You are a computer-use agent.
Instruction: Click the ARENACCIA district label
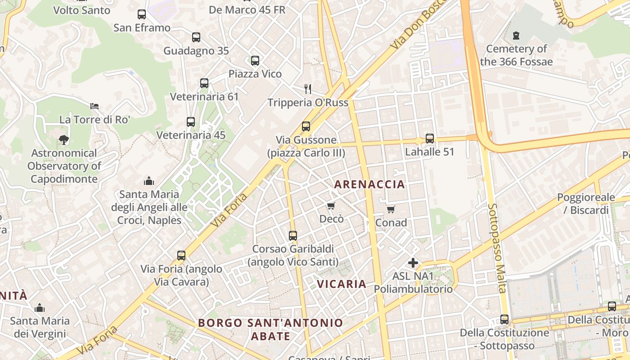(369, 184)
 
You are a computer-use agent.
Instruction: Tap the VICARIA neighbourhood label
(342, 284)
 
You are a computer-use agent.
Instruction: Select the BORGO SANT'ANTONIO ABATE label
(270, 329)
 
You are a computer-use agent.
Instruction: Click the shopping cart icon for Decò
(331, 206)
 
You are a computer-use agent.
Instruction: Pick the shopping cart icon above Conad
(391, 209)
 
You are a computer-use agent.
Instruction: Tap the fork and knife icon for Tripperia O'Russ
(308, 89)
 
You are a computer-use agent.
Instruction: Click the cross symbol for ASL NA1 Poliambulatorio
(413, 262)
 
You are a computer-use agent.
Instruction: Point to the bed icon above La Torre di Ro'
(94, 106)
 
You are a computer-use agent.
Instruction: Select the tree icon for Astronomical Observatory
(64, 139)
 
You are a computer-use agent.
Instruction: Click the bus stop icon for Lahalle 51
(430, 139)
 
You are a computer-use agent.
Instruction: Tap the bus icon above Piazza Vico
(255, 60)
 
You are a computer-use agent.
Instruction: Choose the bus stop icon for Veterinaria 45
(191, 122)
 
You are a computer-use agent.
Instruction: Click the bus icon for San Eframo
(142, 14)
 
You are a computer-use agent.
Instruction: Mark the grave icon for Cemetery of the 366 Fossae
(516, 35)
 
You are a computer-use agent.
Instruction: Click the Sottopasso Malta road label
(497, 247)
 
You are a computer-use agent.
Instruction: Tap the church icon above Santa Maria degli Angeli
(149, 181)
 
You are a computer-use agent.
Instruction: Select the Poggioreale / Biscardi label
(586, 203)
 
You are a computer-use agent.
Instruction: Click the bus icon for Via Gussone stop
(306, 126)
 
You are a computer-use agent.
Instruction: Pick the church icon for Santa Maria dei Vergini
(40, 308)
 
